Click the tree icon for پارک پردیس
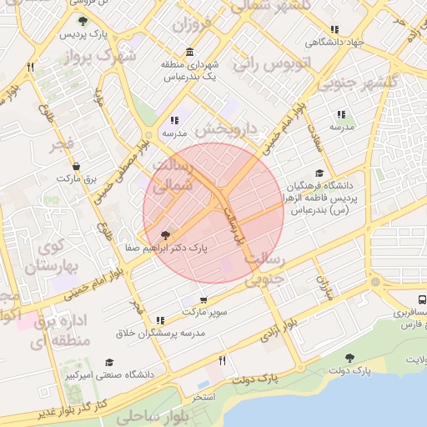pos(83,21)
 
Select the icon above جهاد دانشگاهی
pos(334,29)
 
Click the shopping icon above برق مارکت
pos(77,166)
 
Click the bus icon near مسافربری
pos(422,299)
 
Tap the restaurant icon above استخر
pos(222,361)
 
